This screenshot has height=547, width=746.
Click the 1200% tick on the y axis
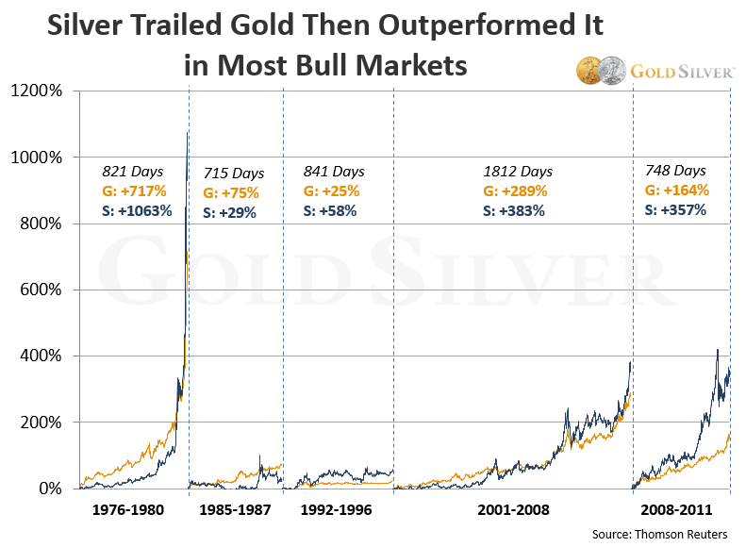pyautogui.click(x=38, y=91)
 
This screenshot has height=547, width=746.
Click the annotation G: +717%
pyautogui.click(x=134, y=191)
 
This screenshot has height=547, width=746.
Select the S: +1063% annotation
pyautogui.click(x=138, y=210)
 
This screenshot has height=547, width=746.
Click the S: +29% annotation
pyautogui.click(x=230, y=212)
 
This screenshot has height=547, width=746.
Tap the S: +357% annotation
pyautogui.click(x=675, y=209)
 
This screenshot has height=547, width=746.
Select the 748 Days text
pyautogui.click(x=675, y=171)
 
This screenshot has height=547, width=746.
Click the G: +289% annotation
pyautogui.click(x=515, y=191)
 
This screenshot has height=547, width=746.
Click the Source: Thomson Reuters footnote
pyautogui.click(x=659, y=535)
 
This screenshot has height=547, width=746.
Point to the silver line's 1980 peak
pyautogui.click(x=189, y=133)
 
